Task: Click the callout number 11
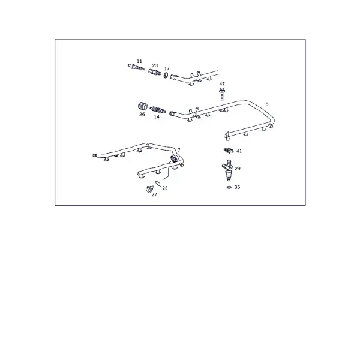pos(139,61)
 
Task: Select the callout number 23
pos(155,65)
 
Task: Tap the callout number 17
pos(167,68)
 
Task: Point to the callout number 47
pos(222,84)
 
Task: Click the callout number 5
pos(267,104)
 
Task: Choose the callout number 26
pos(142,114)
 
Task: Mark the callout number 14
pos(157,116)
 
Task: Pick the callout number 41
pos(239,151)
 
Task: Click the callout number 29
pos(238,169)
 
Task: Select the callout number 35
pos(237,187)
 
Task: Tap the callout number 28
pos(165,188)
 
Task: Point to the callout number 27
pos(155,194)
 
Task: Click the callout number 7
pos(179,150)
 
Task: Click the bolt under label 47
pos(221,94)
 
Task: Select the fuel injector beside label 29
pos(227,170)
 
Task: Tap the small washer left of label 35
pos(229,187)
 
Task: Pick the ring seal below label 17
pos(166,75)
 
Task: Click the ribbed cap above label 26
pos(143,106)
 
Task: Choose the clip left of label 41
pos(229,151)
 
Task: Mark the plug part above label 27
pos(149,189)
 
